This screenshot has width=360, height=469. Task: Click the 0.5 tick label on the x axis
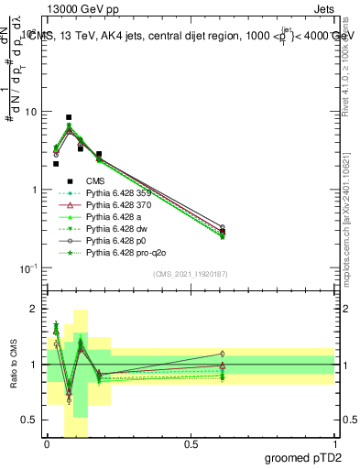click(x=191, y=444)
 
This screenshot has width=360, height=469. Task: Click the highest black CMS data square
click(x=69, y=117)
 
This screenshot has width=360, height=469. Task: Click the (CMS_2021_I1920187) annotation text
click(x=191, y=275)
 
